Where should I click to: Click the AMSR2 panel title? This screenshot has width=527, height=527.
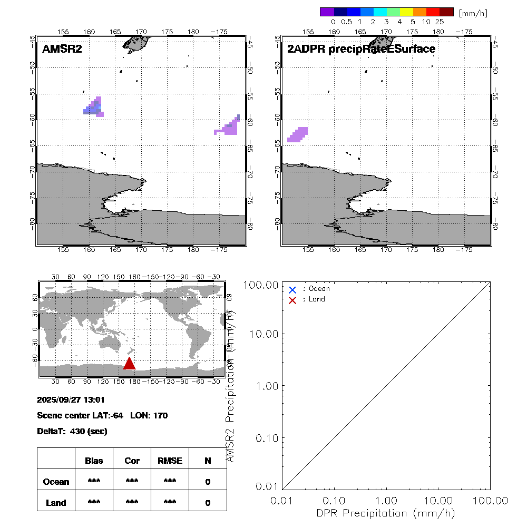click(62, 49)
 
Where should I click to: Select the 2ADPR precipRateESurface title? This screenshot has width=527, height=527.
click(361, 49)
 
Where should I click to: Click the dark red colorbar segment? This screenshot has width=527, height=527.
click(446, 12)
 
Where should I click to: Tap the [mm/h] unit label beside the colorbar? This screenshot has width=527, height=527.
click(473, 12)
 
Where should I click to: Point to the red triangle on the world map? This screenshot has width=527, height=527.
click(129, 363)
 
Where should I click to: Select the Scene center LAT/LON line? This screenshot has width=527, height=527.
click(102, 415)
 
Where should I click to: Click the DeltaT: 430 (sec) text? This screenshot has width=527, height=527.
click(72, 431)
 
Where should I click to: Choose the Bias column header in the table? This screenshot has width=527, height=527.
click(94, 461)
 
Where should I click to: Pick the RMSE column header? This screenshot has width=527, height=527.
click(170, 461)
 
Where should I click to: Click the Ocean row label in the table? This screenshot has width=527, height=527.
click(56, 482)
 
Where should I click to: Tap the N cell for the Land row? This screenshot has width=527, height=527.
click(208, 503)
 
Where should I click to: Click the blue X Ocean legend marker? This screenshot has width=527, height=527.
click(292, 289)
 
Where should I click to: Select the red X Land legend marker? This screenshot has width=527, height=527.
click(292, 300)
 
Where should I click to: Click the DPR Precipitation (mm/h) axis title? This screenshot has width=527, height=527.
click(386, 513)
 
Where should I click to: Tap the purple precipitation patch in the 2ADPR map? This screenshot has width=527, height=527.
click(298, 134)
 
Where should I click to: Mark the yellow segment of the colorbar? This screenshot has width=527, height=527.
click(406, 12)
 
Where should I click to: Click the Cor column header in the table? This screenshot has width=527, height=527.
click(132, 461)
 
